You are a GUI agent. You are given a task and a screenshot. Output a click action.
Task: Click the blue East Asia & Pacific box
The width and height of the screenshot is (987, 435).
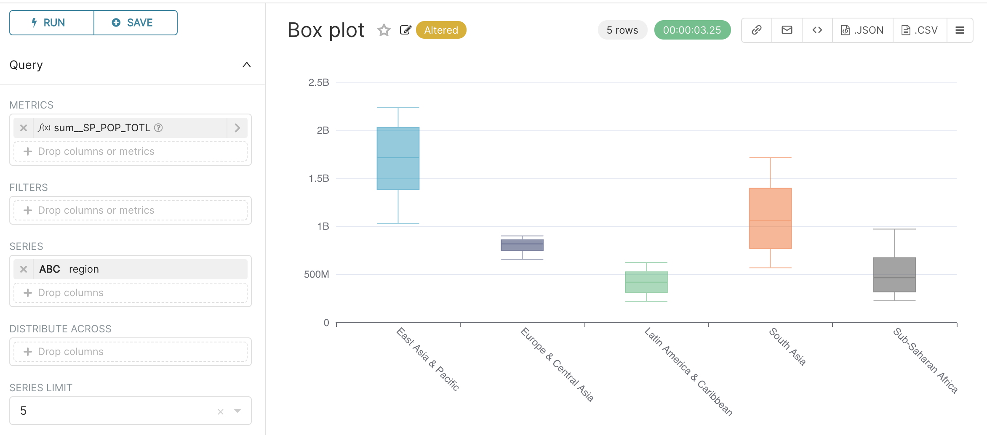398,159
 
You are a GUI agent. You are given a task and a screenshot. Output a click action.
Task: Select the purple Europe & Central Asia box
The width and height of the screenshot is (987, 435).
522,245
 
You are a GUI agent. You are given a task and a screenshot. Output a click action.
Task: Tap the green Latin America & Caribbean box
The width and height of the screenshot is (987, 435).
646,282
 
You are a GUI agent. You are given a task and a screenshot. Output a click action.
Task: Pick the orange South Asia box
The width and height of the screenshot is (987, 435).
770,218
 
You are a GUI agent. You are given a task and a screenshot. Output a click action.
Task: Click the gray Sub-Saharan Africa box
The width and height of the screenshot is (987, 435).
894,275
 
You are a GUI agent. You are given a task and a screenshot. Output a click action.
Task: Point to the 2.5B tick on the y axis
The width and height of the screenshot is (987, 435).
319,82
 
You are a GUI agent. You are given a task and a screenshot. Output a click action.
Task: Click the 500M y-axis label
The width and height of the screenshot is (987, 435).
317,274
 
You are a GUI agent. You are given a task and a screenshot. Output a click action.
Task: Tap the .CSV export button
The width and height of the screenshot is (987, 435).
920,30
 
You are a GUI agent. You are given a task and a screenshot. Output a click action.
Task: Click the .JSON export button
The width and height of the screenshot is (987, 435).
862,30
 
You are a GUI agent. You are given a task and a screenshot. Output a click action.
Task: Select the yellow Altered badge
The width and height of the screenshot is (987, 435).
441,30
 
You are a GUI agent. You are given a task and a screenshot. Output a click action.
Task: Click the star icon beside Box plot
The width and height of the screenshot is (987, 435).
384,30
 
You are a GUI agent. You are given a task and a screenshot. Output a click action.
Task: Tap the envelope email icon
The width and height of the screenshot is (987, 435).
787,30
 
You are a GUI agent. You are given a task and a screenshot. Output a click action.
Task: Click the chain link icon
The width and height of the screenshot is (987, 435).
756,30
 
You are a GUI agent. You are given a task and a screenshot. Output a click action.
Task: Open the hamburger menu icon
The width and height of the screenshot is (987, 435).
960,30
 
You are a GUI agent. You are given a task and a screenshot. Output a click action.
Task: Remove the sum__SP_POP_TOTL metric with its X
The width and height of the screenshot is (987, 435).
24,128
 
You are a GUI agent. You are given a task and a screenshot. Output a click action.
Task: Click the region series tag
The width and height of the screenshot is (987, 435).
83,269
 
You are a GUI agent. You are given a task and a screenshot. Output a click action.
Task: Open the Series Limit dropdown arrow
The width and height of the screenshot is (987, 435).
237,411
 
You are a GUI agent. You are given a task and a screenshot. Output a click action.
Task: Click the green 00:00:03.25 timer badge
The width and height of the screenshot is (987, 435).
692,30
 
